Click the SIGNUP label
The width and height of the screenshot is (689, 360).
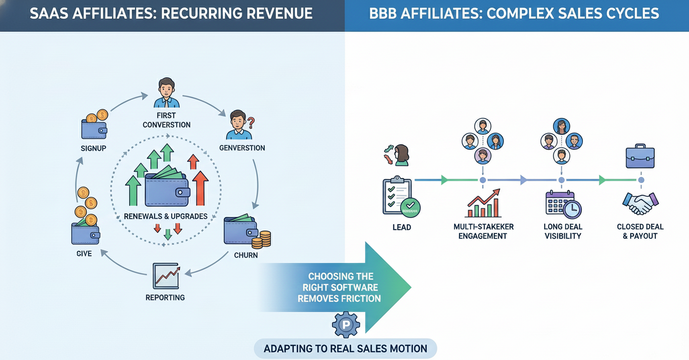93,148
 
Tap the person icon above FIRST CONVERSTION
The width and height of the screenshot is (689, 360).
166,93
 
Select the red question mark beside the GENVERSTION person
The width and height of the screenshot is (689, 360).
252,122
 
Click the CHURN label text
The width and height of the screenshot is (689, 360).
246,255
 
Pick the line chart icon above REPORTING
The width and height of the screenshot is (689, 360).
166,276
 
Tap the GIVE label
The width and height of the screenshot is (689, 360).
84,254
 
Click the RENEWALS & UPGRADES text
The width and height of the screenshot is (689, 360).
165,216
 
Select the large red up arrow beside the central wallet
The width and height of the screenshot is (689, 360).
200,188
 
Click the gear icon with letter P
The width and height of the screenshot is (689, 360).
346,325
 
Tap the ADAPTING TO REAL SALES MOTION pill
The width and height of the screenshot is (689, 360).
345,349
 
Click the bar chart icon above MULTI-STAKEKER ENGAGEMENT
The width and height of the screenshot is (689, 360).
483,203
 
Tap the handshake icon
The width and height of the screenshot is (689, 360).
640,203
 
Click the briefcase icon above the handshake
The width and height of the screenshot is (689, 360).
640,157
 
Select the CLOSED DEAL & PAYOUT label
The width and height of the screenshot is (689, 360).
640,231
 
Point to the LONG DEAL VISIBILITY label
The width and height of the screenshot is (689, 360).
563,231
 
